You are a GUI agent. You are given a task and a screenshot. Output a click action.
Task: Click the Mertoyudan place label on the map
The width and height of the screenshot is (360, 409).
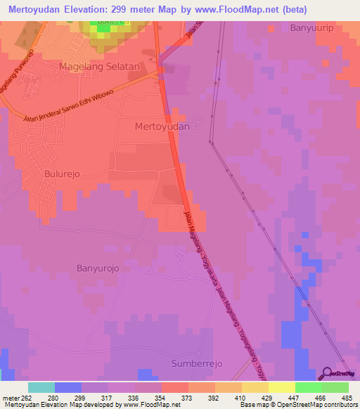163,126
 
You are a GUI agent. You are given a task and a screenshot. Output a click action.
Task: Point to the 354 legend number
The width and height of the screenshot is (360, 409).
161,398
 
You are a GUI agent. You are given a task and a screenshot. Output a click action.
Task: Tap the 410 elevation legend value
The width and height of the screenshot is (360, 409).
240,398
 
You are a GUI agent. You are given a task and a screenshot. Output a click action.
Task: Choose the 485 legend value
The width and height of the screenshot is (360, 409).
347,398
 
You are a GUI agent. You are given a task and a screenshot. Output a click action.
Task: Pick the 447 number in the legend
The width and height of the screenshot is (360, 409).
295,398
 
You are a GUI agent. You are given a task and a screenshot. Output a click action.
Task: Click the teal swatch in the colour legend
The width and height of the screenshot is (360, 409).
41,387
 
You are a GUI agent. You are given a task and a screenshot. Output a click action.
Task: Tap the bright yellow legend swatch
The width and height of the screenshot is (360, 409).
281,387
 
